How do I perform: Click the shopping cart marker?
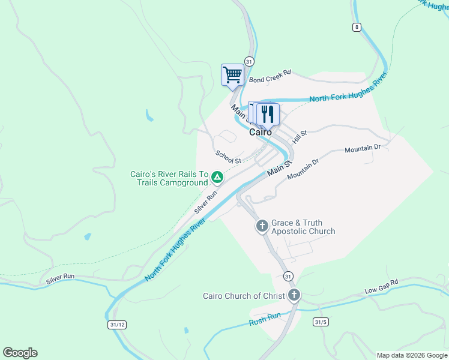click(232, 75)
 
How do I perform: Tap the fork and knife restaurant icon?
click(268, 113)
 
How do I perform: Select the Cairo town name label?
click(261, 132)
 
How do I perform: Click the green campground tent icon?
click(217, 177)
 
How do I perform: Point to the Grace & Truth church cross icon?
click(262, 226)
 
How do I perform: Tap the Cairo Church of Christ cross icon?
click(294, 295)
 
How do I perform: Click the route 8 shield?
click(357, 27)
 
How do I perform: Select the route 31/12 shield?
click(118, 325)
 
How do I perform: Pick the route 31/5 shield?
click(321, 322)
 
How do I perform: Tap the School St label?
click(228, 157)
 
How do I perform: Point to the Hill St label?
click(300, 136)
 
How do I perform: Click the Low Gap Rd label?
click(381, 287)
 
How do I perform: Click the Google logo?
click(20, 353)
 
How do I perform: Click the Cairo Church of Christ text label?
click(244, 296)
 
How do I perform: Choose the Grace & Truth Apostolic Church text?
click(303, 227)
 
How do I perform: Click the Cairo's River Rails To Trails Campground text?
click(169, 178)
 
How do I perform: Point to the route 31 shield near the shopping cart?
click(249, 62)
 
